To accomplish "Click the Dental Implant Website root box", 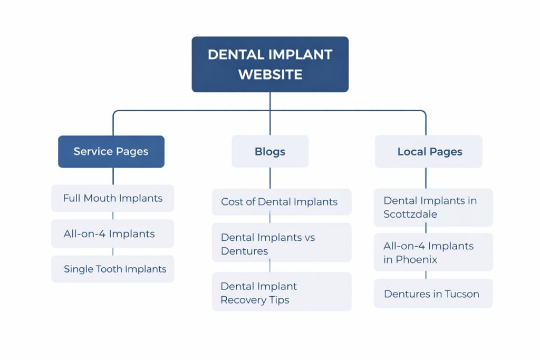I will (x=269, y=64).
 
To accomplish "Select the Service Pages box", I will (x=111, y=152).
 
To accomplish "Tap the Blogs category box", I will (x=270, y=152).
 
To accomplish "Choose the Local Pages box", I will (x=429, y=152).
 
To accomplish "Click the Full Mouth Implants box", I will (x=112, y=198).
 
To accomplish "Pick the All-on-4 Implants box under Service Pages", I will (x=112, y=233).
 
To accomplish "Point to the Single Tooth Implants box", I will (x=112, y=269).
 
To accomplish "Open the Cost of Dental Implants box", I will (x=281, y=202).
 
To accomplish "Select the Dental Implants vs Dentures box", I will (x=281, y=243).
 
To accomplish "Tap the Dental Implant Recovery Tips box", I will (x=281, y=292).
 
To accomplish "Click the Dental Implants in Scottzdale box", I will (x=433, y=207).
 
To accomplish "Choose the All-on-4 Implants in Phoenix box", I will (x=433, y=252).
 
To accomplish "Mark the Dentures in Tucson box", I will (x=433, y=294).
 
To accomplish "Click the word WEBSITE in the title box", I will (x=270, y=74).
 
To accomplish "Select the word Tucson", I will (x=461, y=294).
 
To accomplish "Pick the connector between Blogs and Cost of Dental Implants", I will (x=270, y=178).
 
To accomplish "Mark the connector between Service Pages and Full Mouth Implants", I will (x=113, y=176).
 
